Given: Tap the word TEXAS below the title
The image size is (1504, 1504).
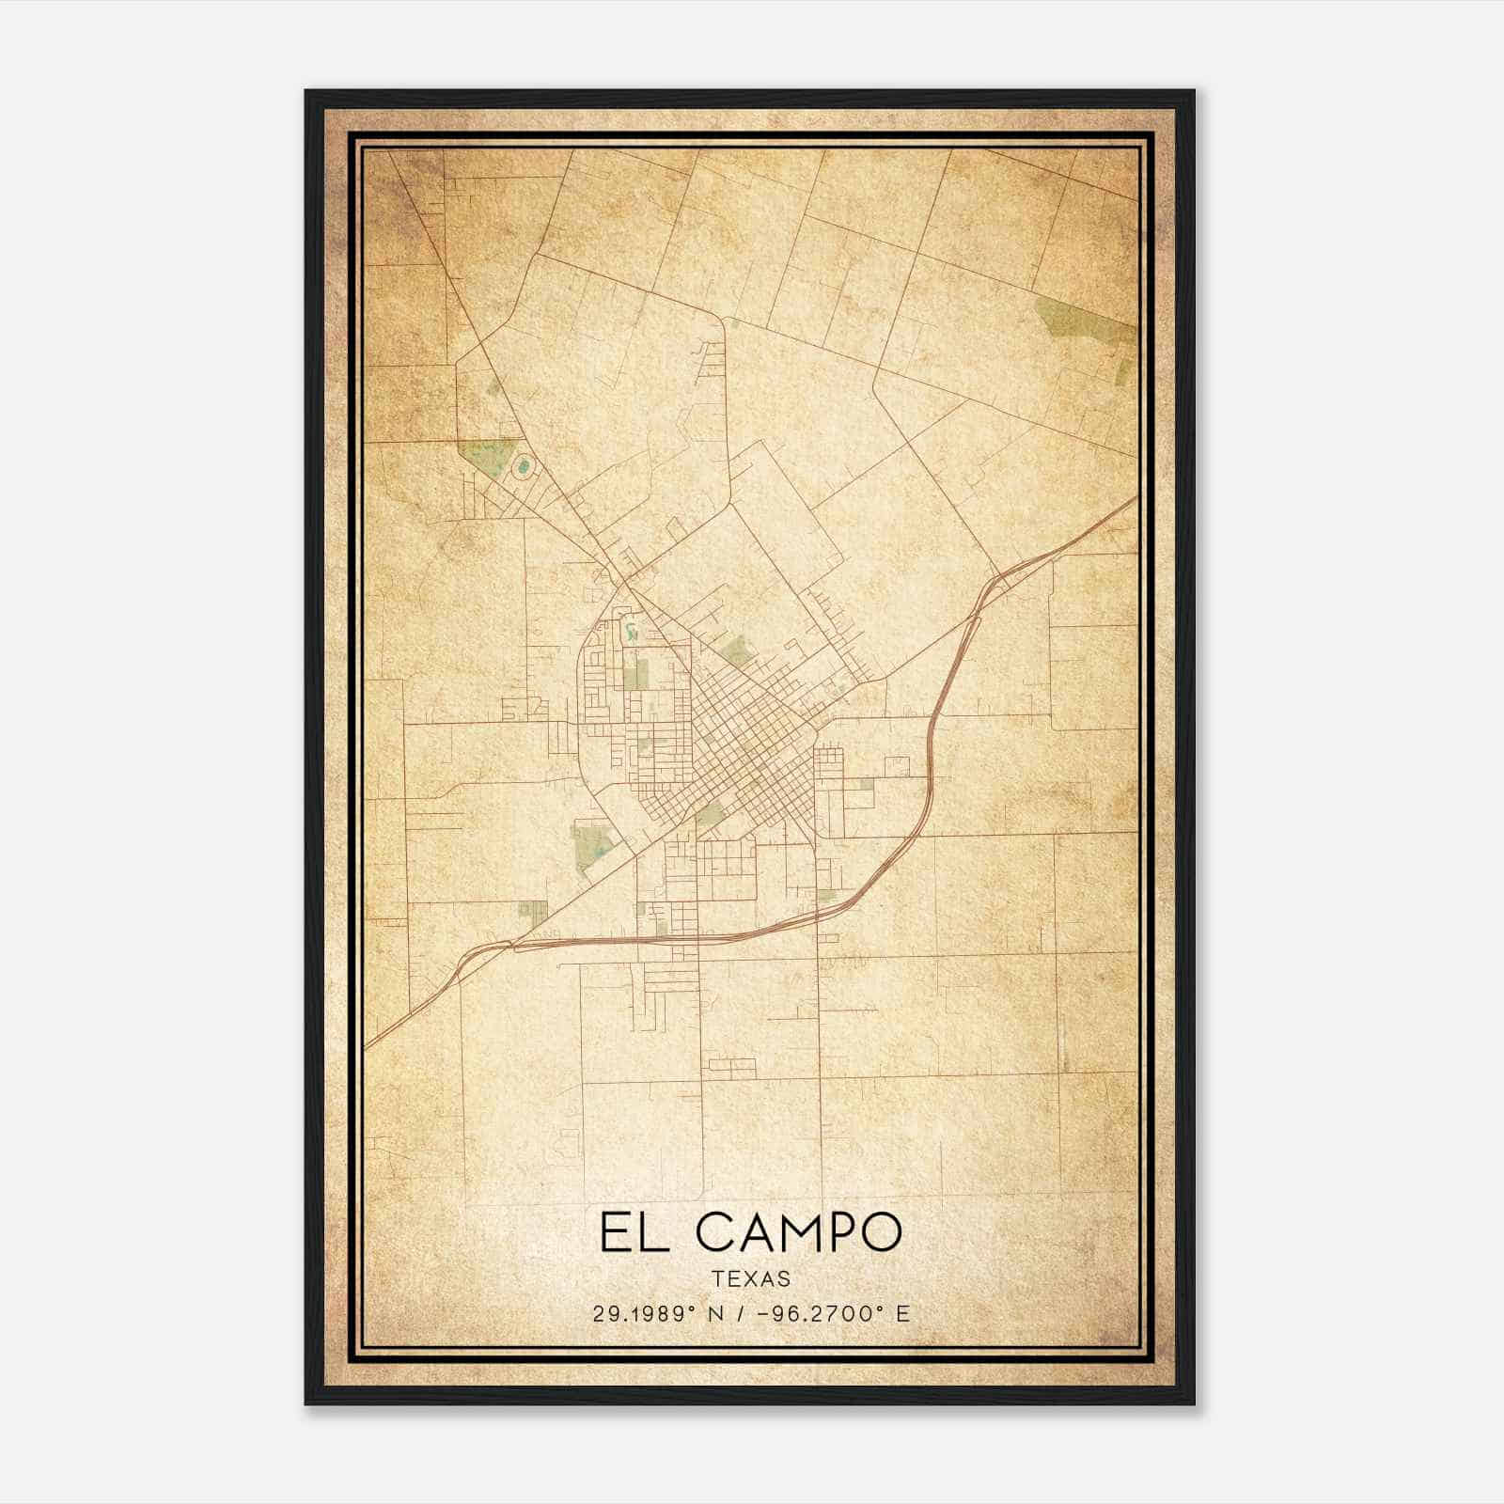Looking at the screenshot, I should pos(751,1278).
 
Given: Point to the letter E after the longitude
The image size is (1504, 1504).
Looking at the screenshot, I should pos(903,1313).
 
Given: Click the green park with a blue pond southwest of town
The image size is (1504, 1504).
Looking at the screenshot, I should pos(591,843).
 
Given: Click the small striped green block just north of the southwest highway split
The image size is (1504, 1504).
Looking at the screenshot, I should pos(532,910).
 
